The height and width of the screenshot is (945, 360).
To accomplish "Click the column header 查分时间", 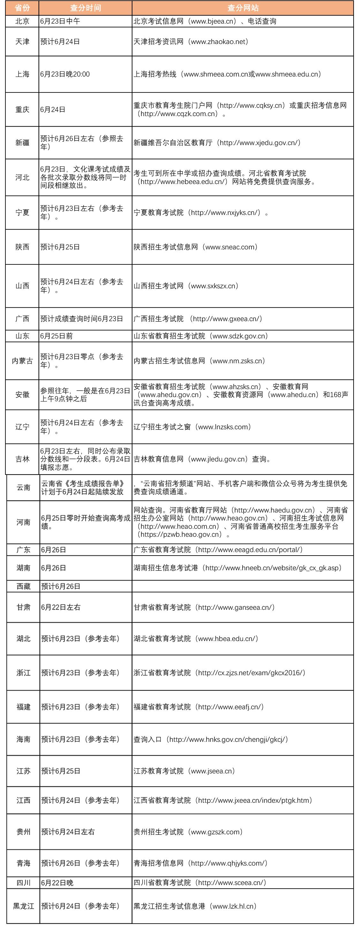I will tap(86, 8).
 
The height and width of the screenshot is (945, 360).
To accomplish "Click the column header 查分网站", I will tap(243, 8).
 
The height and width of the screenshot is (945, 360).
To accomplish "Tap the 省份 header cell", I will tap(22, 8).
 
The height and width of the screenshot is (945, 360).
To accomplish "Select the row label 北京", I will tap(22, 21).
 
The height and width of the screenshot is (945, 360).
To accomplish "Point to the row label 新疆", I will tap(22, 143).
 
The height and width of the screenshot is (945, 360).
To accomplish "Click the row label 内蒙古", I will tap(22, 361).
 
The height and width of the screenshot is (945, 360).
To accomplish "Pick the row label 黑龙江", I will tap(24, 906).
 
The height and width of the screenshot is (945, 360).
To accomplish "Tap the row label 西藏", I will tap(24, 586).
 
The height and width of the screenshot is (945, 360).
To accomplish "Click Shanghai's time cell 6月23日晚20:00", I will tap(65, 74).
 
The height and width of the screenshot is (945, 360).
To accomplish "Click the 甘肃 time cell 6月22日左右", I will tap(61, 607).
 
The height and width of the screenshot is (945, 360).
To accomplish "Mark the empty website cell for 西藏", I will tap(243, 586).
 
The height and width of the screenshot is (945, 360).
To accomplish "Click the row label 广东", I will tap(24, 550).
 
